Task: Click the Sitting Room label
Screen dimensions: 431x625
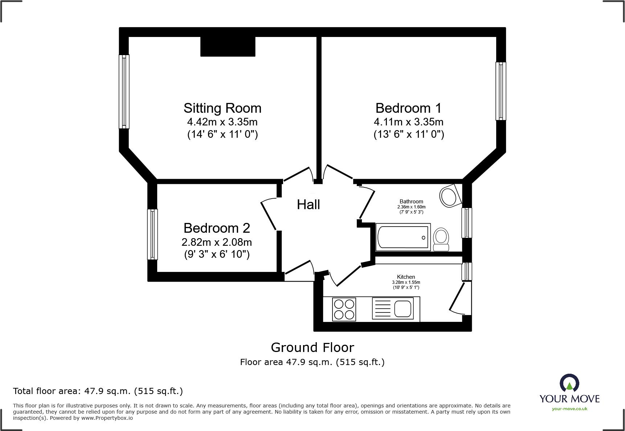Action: (x=222, y=108)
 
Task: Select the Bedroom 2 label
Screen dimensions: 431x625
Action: (x=217, y=228)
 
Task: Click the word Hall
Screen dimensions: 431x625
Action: (x=308, y=205)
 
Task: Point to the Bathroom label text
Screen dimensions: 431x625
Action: (x=411, y=202)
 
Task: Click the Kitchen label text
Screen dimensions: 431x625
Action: (x=406, y=277)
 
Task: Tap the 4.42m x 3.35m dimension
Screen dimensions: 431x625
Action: (x=222, y=122)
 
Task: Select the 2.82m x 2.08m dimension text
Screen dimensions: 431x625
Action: (x=217, y=242)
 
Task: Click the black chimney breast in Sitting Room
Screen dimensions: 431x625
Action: (x=228, y=46)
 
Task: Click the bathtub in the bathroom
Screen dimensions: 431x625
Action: (x=403, y=237)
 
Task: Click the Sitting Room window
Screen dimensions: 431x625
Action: (x=124, y=91)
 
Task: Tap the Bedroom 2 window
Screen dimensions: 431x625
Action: (x=152, y=234)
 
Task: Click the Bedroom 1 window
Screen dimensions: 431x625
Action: (x=501, y=91)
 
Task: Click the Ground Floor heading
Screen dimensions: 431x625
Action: (x=312, y=348)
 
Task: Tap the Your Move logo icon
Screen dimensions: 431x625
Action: (x=569, y=384)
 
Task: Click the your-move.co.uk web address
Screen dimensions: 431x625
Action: (x=569, y=409)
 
